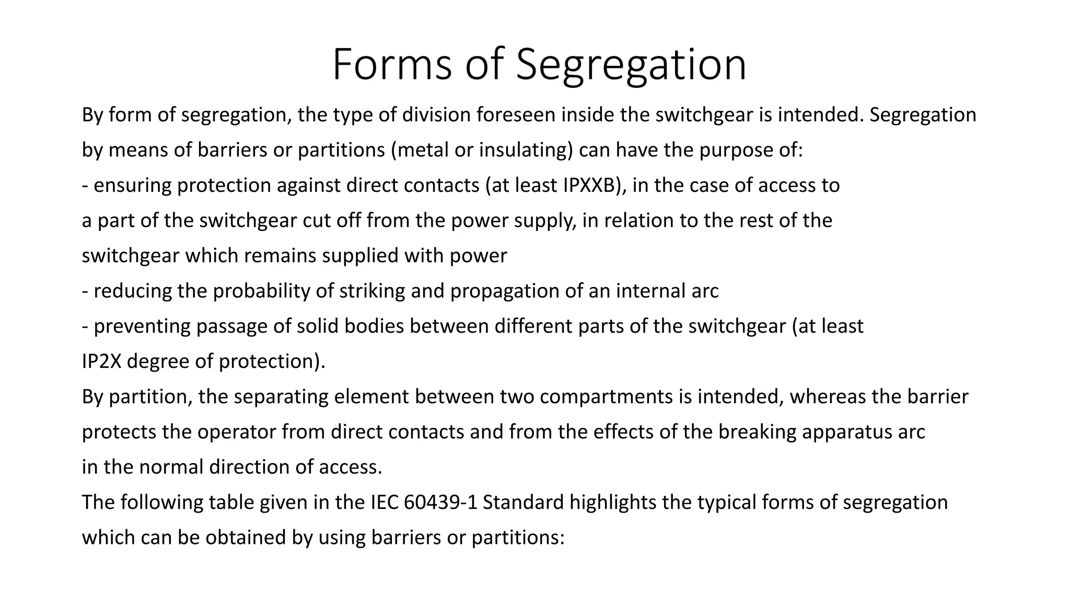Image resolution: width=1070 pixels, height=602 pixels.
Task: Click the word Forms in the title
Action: click(x=391, y=65)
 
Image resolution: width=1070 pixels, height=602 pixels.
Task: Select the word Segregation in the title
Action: click(x=631, y=65)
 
